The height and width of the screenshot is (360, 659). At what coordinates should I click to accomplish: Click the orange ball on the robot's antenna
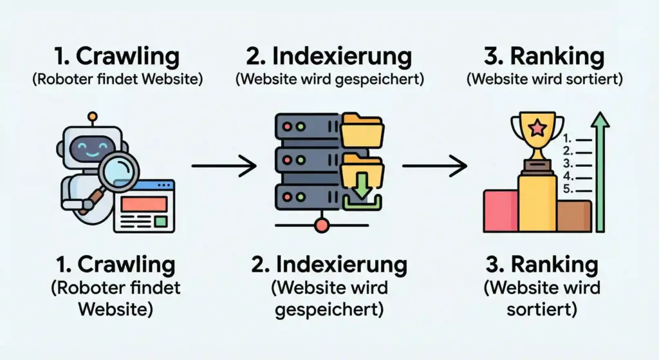pyautogui.click(x=93, y=117)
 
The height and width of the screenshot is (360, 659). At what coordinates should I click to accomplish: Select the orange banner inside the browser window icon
pyautogui.click(x=144, y=204)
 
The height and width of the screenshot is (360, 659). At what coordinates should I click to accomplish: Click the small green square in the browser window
pyautogui.click(x=161, y=221)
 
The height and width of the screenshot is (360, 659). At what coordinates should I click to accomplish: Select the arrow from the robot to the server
pyautogui.click(x=224, y=167)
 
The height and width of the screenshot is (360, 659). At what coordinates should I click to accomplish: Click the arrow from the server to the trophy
pyautogui.click(x=434, y=167)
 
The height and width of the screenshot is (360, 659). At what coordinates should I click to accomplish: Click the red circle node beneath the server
pyautogui.click(x=322, y=225)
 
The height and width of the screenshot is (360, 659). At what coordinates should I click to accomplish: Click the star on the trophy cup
pyautogui.click(x=536, y=128)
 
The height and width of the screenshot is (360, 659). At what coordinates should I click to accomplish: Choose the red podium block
pyautogui.click(x=501, y=211)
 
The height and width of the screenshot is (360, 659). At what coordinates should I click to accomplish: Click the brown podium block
pyautogui.click(x=573, y=216)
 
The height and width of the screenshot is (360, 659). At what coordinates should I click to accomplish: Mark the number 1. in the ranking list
pyautogui.click(x=567, y=138)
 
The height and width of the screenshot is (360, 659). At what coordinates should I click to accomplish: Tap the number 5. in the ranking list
pyautogui.click(x=567, y=189)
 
